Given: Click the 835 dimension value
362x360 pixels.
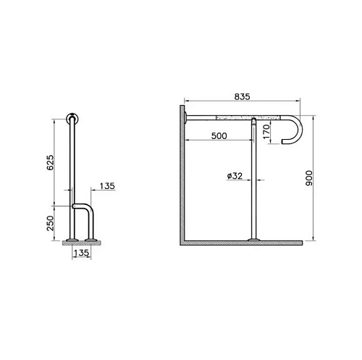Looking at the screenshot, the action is click(242, 96).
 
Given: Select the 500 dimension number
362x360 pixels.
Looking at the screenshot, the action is click(219, 136).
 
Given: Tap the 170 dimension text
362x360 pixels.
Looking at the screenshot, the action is click(266, 132).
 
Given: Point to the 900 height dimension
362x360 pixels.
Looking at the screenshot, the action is click(308, 178).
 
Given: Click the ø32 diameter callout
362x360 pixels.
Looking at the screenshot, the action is click(235, 176).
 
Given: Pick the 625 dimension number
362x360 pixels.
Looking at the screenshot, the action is click(51, 162).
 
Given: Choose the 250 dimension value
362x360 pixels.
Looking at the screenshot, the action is click(51, 223).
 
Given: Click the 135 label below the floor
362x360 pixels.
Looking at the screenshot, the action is click(82, 253).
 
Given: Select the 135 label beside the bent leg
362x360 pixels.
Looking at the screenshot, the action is click(107, 186).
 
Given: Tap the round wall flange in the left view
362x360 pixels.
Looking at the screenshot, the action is click(72, 119).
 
